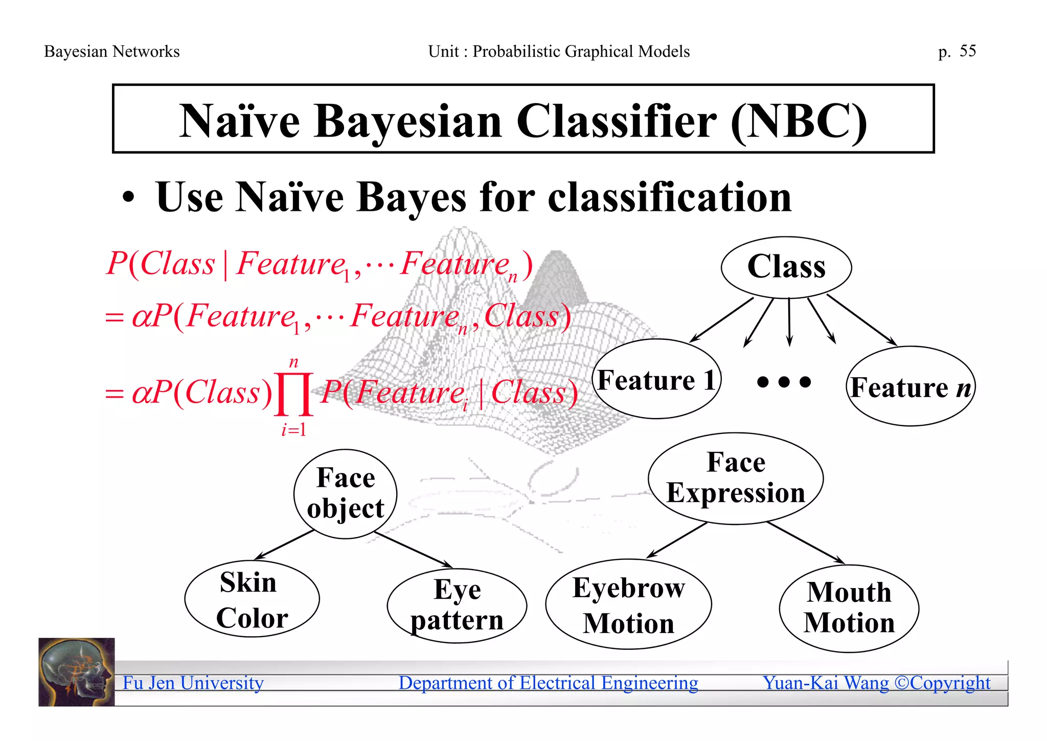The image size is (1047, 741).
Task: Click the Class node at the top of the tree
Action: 786,267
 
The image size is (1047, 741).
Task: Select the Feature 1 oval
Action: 656,379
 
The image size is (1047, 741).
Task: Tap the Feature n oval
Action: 911,386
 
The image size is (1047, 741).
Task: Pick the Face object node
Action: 346,494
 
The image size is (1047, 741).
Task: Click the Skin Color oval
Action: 252,599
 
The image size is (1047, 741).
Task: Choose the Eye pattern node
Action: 457,605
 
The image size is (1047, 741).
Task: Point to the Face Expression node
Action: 736,478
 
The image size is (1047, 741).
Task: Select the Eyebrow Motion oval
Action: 628,604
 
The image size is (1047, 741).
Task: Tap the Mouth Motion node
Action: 849,608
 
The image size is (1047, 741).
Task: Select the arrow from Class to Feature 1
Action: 721,320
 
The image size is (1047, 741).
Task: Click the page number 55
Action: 967,51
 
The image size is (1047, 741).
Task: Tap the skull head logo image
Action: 77,672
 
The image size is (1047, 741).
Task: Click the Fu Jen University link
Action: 193,683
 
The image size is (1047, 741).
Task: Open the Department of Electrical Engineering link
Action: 548,683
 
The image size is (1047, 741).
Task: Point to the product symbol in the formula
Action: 294,394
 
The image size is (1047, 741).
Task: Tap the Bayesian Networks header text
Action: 112,51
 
